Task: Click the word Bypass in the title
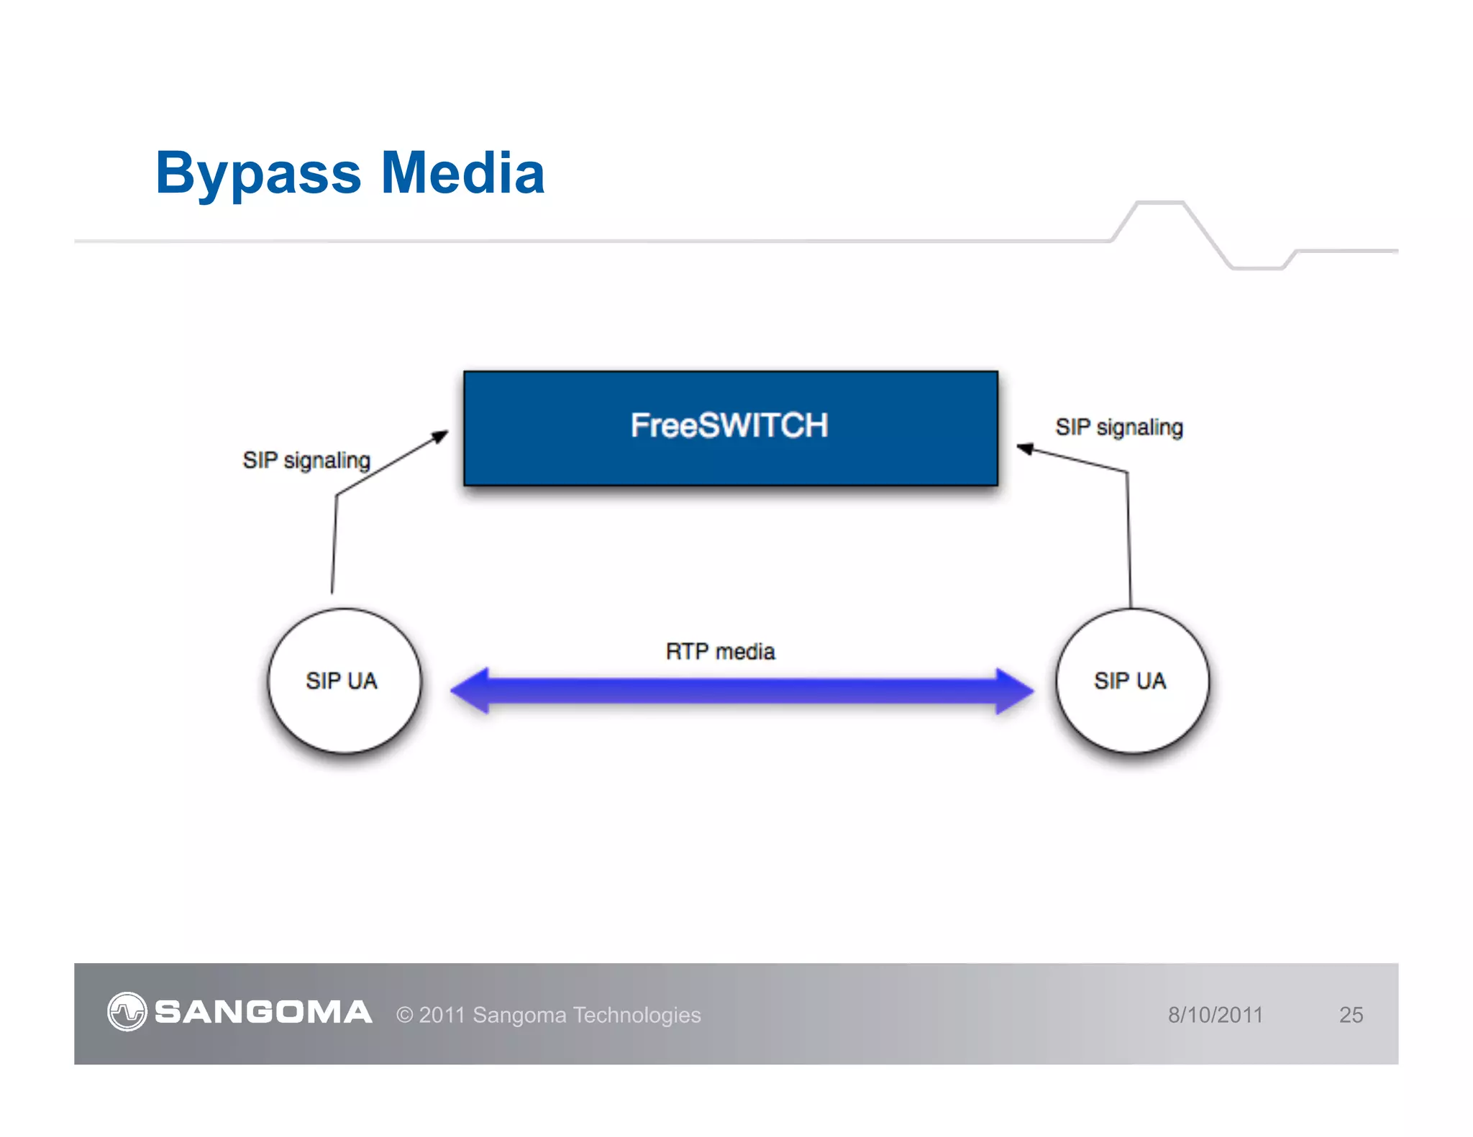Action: pos(258,175)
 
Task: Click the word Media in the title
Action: pos(462,173)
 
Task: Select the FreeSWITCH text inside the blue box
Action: pos(729,425)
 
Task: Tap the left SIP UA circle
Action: pos(344,681)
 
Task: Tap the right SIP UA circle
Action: pos(1131,681)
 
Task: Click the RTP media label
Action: pos(720,652)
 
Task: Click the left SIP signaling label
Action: pos(306,460)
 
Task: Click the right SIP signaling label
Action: pos(1118,427)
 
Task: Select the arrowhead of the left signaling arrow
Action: pos(440,436)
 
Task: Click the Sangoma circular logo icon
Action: pos(127,1012)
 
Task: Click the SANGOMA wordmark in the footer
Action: pos(263,1012)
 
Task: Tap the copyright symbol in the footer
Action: pos(404,1015)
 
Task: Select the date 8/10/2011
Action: pos(1215,1015)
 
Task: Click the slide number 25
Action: pos(1351,1015)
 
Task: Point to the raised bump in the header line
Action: pos(1159,204)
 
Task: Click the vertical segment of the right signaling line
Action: pos(1128,539)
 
